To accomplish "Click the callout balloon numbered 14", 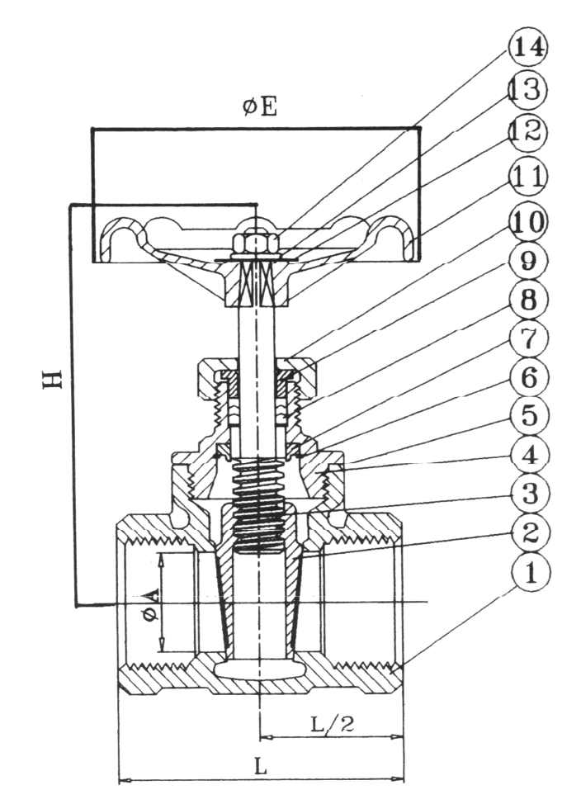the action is (527, 48).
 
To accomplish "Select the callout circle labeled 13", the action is (527, 90).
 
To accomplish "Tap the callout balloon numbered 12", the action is (527, 132).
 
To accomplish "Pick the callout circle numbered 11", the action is (527, 177).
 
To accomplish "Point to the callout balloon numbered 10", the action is (527, 221).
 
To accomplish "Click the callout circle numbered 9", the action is (527, 261).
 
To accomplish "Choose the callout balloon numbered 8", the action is (527, 300).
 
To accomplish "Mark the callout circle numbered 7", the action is (527, 338).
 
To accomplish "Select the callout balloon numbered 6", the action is (529, 377).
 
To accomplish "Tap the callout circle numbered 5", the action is (529, 415).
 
